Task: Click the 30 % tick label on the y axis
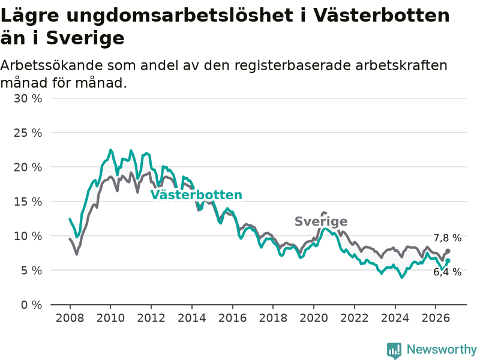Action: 28,98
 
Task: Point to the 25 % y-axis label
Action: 28,133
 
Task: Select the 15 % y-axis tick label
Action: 28,202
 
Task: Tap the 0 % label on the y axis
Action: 31,305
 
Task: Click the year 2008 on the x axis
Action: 70,318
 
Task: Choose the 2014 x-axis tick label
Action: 192,318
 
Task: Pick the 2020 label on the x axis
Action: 314,318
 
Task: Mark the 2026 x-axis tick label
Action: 436,318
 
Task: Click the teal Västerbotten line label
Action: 196,194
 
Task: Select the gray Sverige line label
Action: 321,221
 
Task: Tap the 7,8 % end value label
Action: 447,238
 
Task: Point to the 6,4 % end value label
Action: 447,272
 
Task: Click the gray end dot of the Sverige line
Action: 448,251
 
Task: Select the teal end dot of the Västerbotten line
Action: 448,261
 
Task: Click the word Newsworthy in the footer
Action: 442,349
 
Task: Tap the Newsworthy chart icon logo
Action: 394,350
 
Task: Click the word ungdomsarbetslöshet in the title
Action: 179,16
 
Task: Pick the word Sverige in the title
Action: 85,38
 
